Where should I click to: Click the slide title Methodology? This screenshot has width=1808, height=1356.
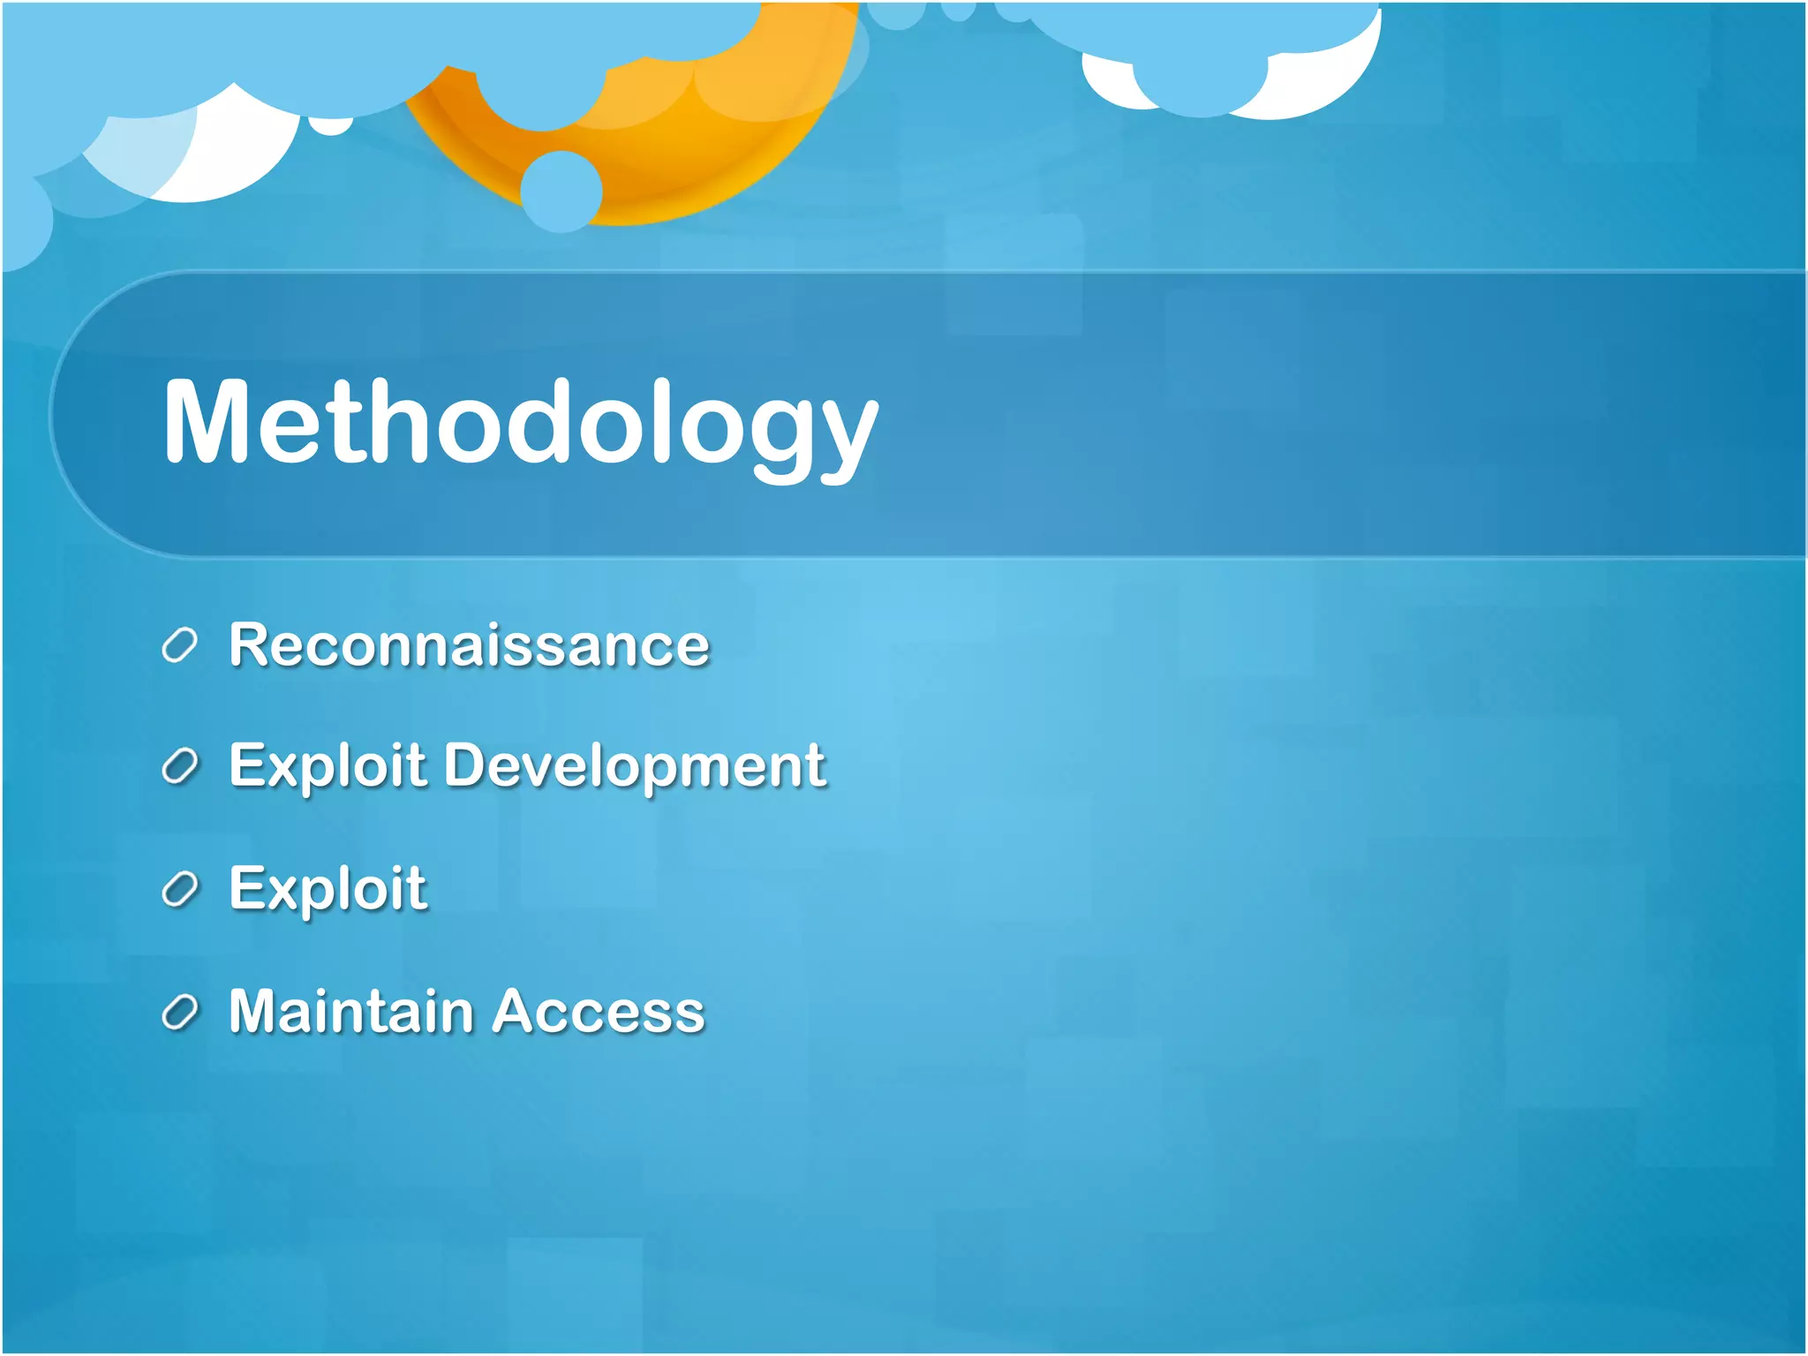tap(521, 422)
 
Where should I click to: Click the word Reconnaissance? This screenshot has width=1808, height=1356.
tap(469, 644)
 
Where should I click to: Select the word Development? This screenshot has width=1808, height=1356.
tap(635, 765)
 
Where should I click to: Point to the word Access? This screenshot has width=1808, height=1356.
tap(599, 1012)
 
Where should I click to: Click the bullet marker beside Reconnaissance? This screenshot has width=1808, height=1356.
tap(179, 646)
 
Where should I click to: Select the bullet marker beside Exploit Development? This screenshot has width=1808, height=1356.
tap(179, 766)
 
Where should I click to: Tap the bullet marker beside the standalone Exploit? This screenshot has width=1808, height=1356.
tap(179, 889)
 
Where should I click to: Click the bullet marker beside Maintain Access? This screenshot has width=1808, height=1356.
tap(179, 1012)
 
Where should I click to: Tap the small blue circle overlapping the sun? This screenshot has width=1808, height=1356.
tap(561, 191)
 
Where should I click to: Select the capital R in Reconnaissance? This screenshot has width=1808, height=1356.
tap(251, 644)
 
